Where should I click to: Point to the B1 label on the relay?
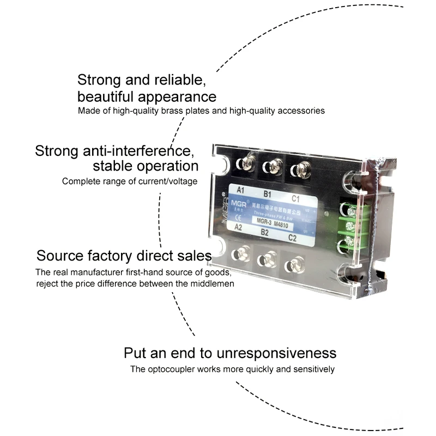tap(267, 193)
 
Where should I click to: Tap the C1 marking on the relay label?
tap(296, 198)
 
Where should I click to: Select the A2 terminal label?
tap(238, 227)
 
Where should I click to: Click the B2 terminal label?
tap(265, 232)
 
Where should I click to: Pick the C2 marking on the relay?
tap(293, 238)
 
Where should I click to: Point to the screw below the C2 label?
tap(295, 265)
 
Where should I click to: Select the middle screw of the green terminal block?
tap(349, 225)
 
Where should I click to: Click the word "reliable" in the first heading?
tap(179, 80)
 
